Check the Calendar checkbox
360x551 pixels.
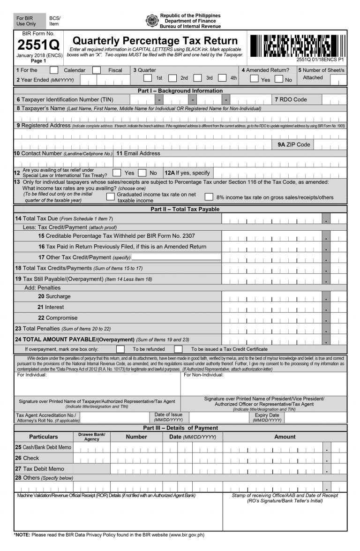[x=54, y=70]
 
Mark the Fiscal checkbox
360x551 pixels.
[x=97, y=70]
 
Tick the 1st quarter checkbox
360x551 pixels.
[x=148, y=78]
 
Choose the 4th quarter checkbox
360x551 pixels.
[x=222, y=78]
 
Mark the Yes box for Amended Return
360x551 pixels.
[x=254, y=79]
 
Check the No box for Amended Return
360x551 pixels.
[x=279, y=79]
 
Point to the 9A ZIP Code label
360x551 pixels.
[x=294, y=144]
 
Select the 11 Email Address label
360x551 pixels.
[x=138, y=153]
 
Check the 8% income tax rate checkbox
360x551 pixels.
[x=209, y=197]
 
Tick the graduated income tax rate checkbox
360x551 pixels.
[x=110, y=197]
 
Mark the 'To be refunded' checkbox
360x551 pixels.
[x=120, y=349]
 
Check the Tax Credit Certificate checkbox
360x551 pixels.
[x=178, y=349]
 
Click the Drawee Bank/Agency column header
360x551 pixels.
[x=92, y=437]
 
